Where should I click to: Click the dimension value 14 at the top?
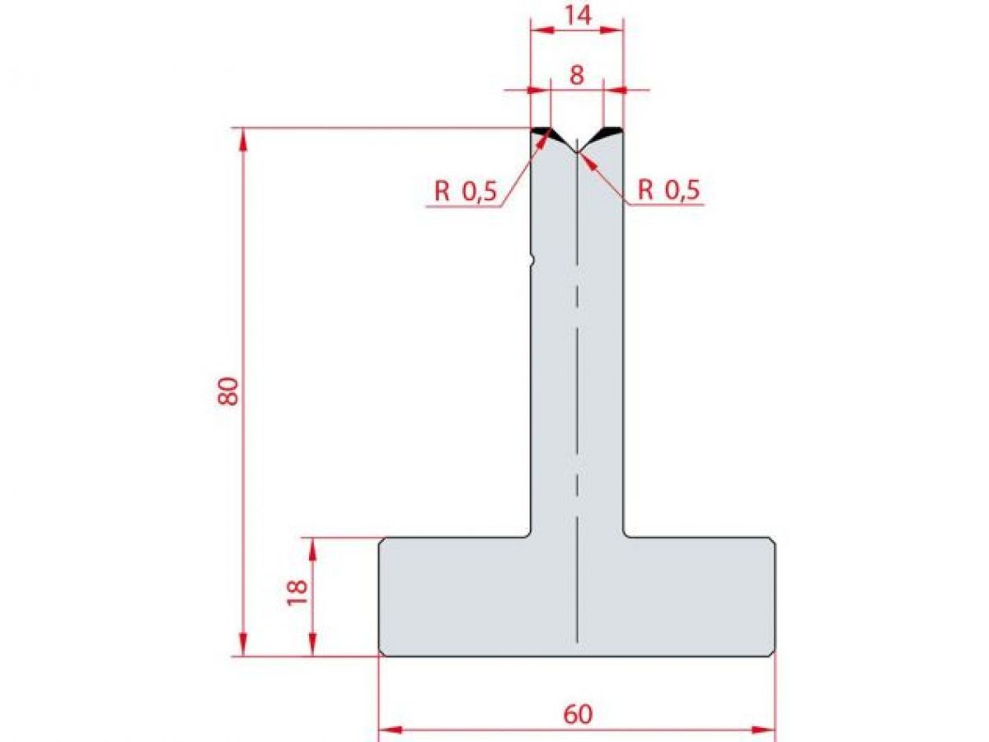(578, 15)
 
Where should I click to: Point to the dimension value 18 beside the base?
(298, 591)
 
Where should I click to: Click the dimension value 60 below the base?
(578, 714)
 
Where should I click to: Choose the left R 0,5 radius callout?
(466, 192)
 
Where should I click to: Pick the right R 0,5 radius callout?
(668, 191)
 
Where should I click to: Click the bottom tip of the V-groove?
(577, 152)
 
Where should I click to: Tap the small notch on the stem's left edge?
(532, 261)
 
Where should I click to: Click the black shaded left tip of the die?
(541, 132)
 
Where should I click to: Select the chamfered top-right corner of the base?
(772, 541)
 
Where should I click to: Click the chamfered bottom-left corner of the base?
(382, 653)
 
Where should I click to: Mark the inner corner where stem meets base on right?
(625, 535)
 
